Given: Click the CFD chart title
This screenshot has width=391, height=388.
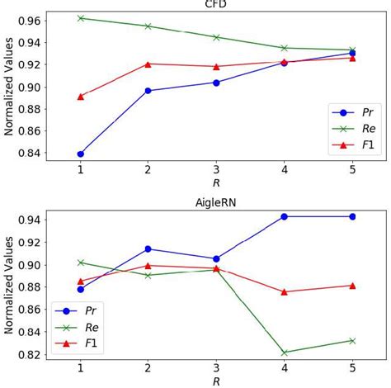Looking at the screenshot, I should tap(217, 3).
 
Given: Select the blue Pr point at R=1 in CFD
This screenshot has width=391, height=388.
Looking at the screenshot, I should tap(81, 154).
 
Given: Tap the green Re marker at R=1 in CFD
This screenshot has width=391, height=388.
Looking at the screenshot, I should tap(81, 18).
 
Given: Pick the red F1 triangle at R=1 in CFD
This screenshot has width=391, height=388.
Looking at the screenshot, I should tap(81, 97).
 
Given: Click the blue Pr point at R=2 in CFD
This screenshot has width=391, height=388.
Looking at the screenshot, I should tap(148, 91).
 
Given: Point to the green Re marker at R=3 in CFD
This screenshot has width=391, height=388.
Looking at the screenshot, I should tap(217, 37).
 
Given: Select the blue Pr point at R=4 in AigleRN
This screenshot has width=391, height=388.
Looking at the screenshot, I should tap(285, 216).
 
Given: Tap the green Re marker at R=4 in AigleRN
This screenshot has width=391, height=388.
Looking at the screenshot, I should tap(285, 353).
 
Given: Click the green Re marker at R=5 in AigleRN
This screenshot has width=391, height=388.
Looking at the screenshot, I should tap(352, 340).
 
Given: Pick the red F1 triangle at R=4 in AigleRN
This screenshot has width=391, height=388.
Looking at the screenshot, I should tap(285, 291).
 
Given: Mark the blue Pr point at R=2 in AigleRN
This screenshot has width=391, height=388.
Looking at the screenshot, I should tap(148, 248).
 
